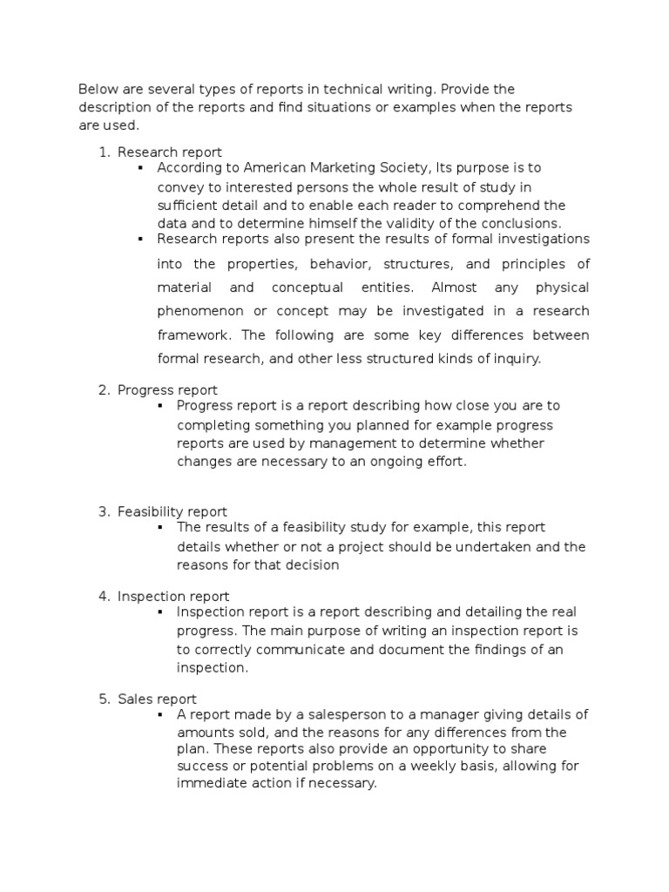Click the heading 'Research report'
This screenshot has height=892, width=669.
pyautogui.click(x=170, y=152)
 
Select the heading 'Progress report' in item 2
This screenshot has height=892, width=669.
pyautogui.click(x=167, y=390)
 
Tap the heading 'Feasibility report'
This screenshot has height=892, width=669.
pyautogui.click(x=172, y=511)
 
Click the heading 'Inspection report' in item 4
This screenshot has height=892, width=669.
pyautogui.click(x=173, y=596)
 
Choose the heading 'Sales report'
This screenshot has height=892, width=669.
pyautogui.click(x=157, y=699)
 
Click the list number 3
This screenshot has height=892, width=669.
pyautogui.click(x=104, y=511)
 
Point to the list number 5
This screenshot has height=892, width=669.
pyautogui.click(x=104, y=699)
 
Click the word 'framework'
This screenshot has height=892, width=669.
pyautogui.click(x=194, y=335)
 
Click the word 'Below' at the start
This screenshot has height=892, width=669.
pyautogui.click(x=97, y=90)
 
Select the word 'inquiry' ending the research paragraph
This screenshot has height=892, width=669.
pyautogui.click(x=517, y=359)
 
